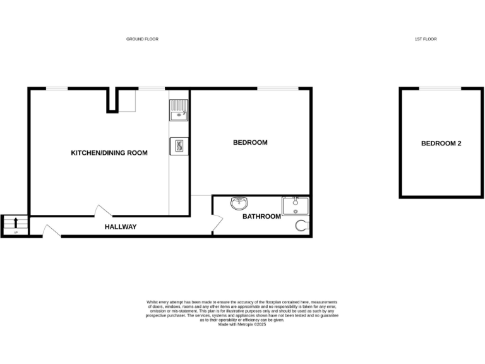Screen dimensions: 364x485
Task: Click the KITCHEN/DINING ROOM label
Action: click(x=109, y=153)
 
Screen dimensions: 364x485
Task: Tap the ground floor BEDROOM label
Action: click(x=250, y=143)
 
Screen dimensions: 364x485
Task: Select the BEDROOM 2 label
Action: click(x=441, y=143)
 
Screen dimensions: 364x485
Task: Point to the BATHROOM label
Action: click(x=261, y=217)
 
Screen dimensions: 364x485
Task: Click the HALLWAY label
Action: click(x=120, y=227)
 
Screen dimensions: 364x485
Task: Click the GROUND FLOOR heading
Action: click(x=142, y=39)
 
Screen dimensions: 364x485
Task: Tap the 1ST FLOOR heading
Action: click(x=426, y=39)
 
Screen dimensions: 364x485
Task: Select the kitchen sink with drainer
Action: click(x=179, y=110)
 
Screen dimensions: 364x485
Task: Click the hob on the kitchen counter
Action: click(x=179, y=146)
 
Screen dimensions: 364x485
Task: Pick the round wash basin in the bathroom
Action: click(x=239, y=203)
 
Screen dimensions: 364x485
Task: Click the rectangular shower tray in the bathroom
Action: click(x=295, y=206)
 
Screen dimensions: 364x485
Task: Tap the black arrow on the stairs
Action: click(x=16, y=222)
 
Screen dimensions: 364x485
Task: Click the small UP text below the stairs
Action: click(x=16, y=233)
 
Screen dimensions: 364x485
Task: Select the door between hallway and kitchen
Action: click(x=101, y=211)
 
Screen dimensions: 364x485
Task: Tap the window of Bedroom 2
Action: click(x=440, y=88)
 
